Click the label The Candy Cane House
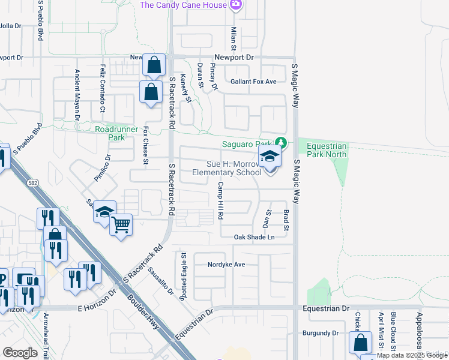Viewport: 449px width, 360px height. (x=183, y=5)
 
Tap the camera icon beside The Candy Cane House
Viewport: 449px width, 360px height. (x=236, y=5)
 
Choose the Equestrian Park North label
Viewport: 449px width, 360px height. (x=327, y=150)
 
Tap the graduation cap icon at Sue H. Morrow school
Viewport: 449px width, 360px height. (x=270, y=157)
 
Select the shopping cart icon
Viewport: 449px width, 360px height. (x=121, y=225)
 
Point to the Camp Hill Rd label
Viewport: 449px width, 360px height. (x=221, y=200)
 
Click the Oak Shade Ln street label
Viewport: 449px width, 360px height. (x=254, y=237)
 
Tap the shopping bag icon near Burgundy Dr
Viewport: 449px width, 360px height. (x=360, y=343)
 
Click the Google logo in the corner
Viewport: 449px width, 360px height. (x=20, y=353)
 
